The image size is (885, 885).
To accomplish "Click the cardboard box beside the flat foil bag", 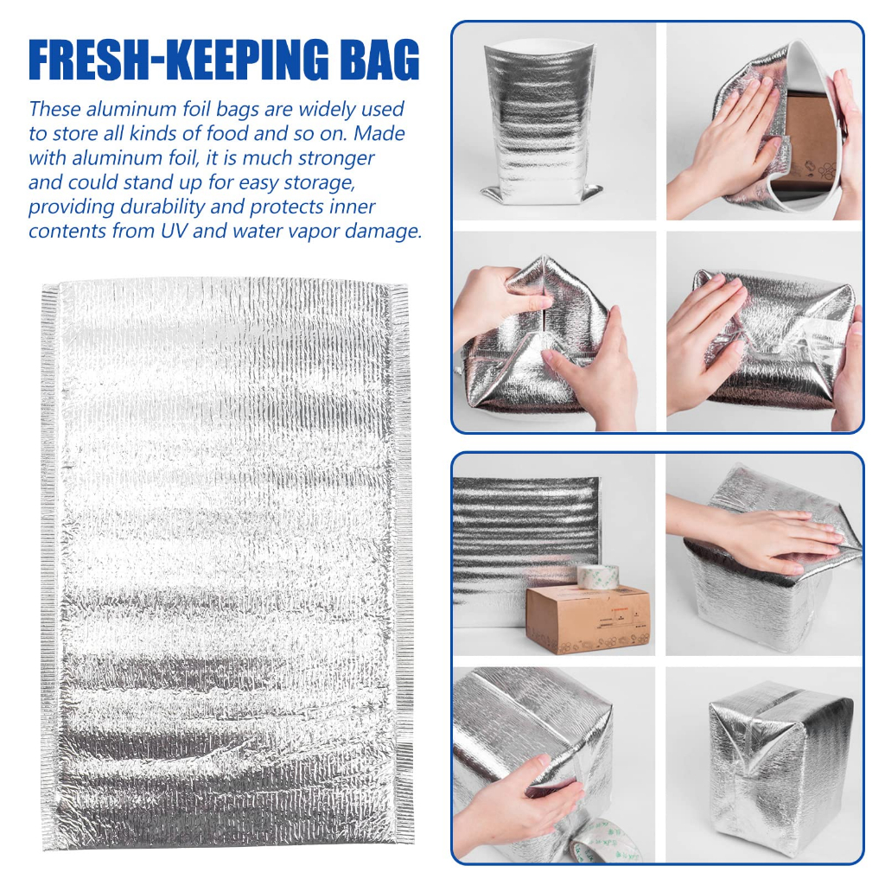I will (x=588, y=619).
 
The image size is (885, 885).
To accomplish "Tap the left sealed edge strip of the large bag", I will (x=49, y=562).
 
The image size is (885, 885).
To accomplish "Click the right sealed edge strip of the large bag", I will (x=402, y=562).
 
